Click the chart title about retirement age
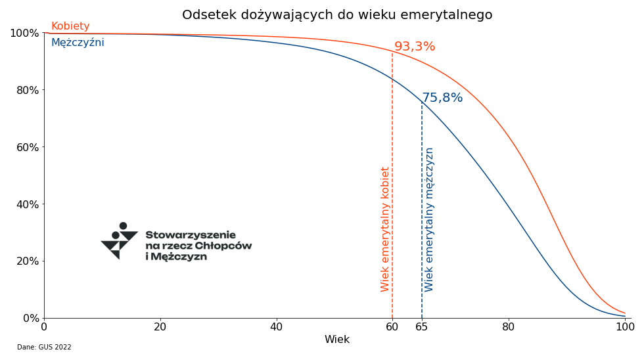(336, 14)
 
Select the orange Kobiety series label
(70, 26)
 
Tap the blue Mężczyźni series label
(78, 42)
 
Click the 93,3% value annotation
(415, 47)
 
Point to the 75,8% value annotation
(442, 98)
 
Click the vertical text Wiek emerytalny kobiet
(385, 229)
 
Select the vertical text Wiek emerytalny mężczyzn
(428, 219)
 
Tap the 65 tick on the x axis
(422, 326)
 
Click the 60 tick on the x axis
(392, 326)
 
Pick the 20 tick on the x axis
(160, 326)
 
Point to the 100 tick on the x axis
(625, 326)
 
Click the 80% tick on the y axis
(28, 90)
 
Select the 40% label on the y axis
(28, 204)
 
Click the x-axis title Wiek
(336, 340)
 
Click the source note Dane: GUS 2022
(44, 348)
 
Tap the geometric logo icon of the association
(120, 241)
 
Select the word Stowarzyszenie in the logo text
(191, 235)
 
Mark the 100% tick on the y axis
(25, 34)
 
